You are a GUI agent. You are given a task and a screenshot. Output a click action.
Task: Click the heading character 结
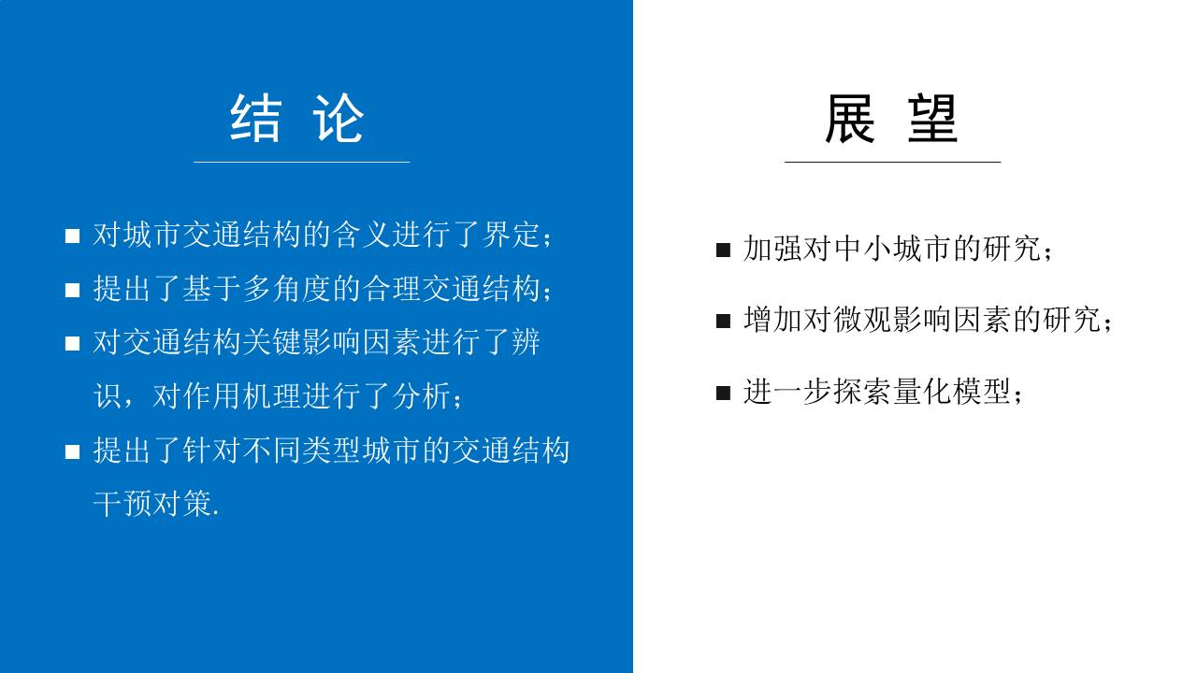(x=255, y=119)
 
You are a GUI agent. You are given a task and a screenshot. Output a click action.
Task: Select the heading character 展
(x=849, y=119)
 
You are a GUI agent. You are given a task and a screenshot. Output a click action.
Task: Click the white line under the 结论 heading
(x=301, y=162)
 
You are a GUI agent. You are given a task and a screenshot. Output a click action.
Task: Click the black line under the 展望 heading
(x=892, y=162)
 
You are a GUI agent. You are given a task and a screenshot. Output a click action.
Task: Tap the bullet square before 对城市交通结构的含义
(x=72, y=236)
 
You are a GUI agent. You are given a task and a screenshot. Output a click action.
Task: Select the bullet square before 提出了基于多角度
(x=72, y=291)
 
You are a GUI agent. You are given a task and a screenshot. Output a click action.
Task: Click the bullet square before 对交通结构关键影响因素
(x=72, y=344)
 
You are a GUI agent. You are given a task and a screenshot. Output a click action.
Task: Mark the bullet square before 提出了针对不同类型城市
(x=72, y=452)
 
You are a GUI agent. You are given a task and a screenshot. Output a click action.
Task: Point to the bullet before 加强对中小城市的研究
(x=723, y=251)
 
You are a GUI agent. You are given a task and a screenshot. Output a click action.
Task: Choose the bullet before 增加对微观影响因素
(x=723, y=322)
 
